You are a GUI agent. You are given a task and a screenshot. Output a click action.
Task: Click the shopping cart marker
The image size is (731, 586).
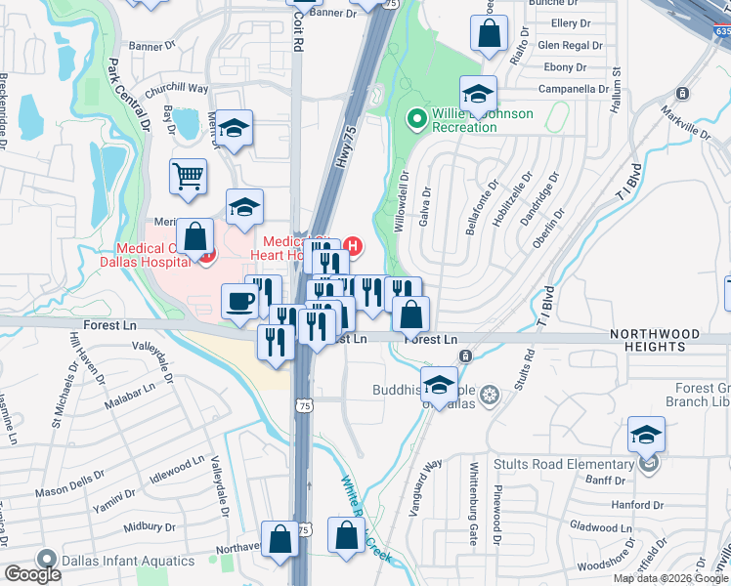click(x=189, y=178)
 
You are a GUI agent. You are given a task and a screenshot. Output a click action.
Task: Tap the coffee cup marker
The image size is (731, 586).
click(x=239, y=301)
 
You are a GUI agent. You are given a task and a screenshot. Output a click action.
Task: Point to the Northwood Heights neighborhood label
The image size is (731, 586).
click(x=655, y=340)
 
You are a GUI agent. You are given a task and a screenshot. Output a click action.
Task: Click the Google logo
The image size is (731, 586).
click(x=32, y=574)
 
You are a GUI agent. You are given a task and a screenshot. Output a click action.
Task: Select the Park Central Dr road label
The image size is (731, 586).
click(x=130, y=96)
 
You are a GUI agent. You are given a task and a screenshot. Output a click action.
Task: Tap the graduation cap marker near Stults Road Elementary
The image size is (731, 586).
click(x=646, y=435)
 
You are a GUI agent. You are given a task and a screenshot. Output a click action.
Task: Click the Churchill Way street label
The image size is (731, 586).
click(x=177, y=88)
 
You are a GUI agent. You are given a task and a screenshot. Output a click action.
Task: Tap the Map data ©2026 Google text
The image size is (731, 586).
click(x=670, y=578)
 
